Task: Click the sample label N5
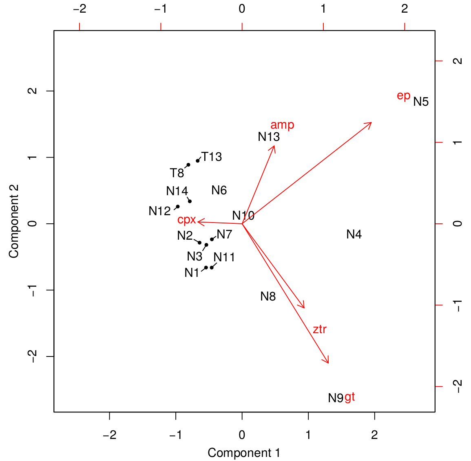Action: tap(421, 102)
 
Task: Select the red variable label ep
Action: tap(403, 96)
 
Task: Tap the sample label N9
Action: tap(336, 398)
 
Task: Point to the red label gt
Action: tap(350, 397)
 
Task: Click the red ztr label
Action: tap(320, 329)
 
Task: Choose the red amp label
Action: tap(282, 125)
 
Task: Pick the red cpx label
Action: tap(186, 220)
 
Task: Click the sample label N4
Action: tap(354, 234)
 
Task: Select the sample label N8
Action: tap(268, 296)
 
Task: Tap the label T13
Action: tap(212, 157)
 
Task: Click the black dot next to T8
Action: tap(188, 165)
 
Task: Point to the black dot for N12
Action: tap(177, 207)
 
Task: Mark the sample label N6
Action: tap(219, 190)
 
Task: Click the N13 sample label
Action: tap(269, 137)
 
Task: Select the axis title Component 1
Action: tap(244, 453)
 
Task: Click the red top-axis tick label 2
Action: tap(405, 9)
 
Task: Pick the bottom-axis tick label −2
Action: tap(109, 435)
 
